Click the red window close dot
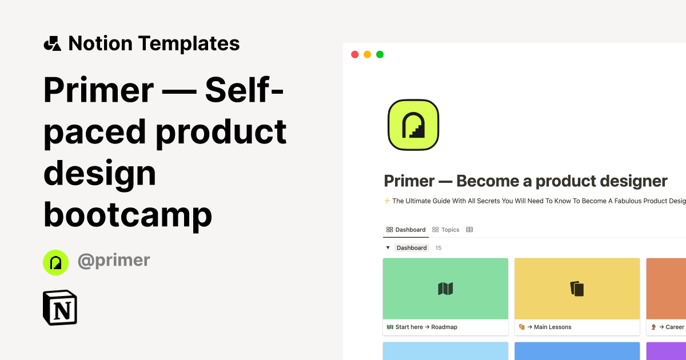click(x=354, y=55)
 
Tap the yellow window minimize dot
click(x=367, y=55)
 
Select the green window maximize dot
click(x=380, y=55)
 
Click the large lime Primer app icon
click(x=413, y=125)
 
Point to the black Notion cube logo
click(x=60, y=308)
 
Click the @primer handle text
click(x=114, y=261)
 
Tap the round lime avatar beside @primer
click(x=55, y=262)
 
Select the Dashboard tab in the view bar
click(x=406, y=230)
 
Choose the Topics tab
click(x=446, y=230)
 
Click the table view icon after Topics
click(x=469, y=230)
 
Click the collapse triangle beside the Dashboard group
click(x=388, y=248)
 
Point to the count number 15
click(x=438, y=248)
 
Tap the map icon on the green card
click(x=445, y=289)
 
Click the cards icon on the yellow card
click(x=577, y=289)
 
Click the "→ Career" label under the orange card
click(x=671, y=327)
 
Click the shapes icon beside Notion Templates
click(x=52, y=43)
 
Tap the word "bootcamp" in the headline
click(x=127, y=215)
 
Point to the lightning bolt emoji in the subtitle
click(x=387, y=201)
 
